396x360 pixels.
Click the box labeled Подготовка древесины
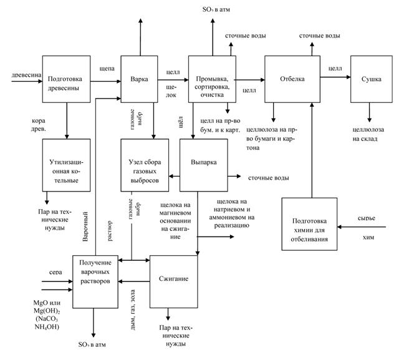tap(66, 79)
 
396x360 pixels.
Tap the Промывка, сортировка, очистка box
tap(211, 79)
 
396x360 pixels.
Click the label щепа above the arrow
tap(107, 69)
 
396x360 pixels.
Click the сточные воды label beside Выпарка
tap(268, 178)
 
